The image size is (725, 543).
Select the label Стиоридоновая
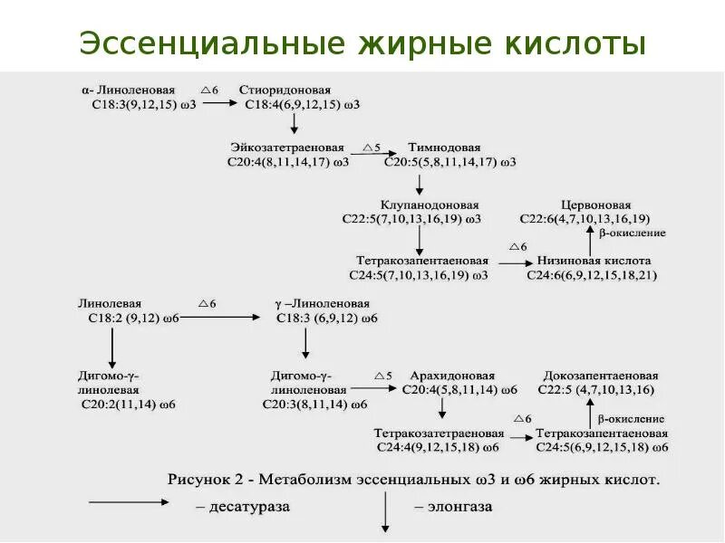click(x=285, y=90)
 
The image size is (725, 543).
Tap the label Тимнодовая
click(x=444, y=147)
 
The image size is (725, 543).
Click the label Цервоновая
click(x=596, y=205)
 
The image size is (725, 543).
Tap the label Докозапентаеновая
click(x=601, y=375)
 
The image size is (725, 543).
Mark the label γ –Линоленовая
click(x=322, y=304)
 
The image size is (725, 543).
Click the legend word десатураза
click(x=247, y=507)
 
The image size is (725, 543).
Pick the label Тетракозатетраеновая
click(x=439, y=433)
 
